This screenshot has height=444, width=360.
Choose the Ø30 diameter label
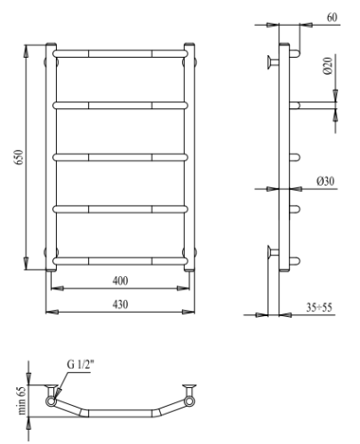coord(325,181)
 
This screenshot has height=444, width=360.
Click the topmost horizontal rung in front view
coord(121,54)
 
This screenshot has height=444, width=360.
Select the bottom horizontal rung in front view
coord(121,260)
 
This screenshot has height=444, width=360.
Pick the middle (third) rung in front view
coord(121,157)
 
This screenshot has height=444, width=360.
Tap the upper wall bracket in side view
coord(270,61)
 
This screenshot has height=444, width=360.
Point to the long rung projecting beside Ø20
coord(313,105)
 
